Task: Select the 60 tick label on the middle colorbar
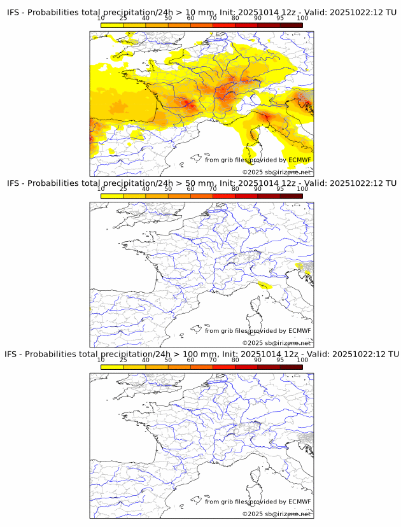190,188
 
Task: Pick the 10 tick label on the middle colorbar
101,188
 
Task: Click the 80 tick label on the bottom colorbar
236,360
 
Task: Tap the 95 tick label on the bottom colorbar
280,360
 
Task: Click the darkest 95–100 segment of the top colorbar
291,25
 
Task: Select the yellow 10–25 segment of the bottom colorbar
112,367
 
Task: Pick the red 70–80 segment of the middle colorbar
224,196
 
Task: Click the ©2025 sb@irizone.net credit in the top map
276,172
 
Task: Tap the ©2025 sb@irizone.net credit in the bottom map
276,514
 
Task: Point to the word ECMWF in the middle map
299,330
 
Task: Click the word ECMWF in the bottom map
299,502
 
